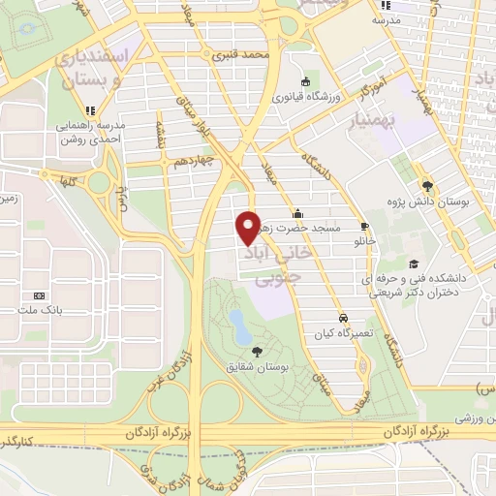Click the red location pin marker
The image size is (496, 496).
click(249, 226)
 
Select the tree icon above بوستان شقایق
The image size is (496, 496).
click(257, 351)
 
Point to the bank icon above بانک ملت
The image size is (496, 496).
click(40, 294)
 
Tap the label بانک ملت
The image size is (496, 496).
click(40, 310)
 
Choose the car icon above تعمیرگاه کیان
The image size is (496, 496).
click(343, 318)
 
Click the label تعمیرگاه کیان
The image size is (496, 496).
click(343, 333)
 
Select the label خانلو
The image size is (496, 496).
click(365, 238)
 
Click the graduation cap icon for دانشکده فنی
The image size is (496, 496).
click(414, 263)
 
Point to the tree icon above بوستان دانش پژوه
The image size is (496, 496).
click(426, 186)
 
